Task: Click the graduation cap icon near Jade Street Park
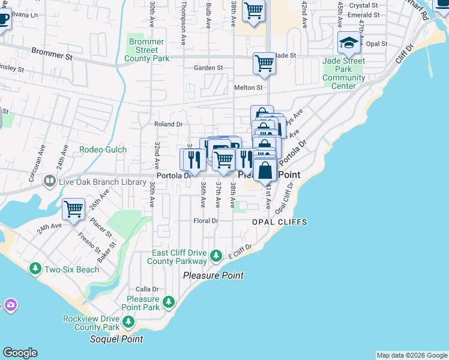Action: click(x=349, y=43)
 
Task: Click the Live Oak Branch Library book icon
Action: click(x=49, y=181)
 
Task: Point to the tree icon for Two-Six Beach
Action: click(x=35, y=269)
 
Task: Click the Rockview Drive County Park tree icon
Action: click(x=128, y=323)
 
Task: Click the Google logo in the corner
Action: click(x=20, y=353)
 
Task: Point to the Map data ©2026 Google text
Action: click(x=411, y=355)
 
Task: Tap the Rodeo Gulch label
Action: click(x=103, y=149)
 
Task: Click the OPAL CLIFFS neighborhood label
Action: click(x=279, y=222)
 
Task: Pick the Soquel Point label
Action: click(x=116, y=339)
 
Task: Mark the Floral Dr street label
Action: click(x=205, y=221)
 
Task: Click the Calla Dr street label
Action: click(x=146, y=289)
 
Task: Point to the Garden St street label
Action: click(x=208, y=68)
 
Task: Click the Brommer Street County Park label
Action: click(x=146, y=50)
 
